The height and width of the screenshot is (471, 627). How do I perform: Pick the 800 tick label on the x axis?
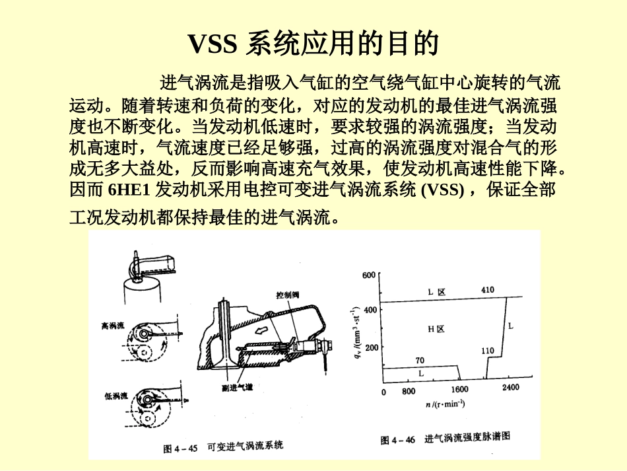point(409,390)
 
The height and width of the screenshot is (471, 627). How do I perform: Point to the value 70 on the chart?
point(419,360)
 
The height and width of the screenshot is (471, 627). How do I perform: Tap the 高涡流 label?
point(114,326)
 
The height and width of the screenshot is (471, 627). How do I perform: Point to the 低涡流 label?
point(115,396)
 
